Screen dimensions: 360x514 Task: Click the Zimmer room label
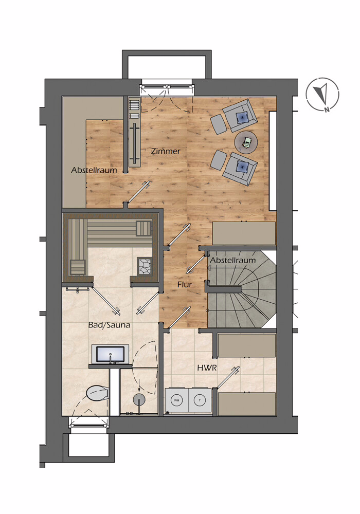(166, 152)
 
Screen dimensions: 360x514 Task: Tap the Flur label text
(185, 285)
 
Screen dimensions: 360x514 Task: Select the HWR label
(207, 368)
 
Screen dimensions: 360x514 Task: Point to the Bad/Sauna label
(109, 325)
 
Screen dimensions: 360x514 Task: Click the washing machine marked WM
(176, 400)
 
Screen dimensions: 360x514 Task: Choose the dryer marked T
(200, 400)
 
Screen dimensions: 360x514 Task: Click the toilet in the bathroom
(97, 393)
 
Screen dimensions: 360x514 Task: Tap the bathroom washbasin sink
(110, 354)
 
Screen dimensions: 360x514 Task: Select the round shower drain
(139, 399)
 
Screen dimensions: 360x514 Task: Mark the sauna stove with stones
(145, 265)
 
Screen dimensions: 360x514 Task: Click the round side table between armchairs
(246, 142)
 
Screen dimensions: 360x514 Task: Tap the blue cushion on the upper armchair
(242, 116)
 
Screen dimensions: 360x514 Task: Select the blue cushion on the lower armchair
(243, 167)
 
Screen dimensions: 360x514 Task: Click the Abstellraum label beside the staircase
(233, 260)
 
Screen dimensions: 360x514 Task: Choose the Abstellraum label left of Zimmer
(94, 170)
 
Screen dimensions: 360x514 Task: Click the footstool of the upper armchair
(218, 123)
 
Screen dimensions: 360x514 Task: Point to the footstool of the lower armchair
(218, 160)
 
